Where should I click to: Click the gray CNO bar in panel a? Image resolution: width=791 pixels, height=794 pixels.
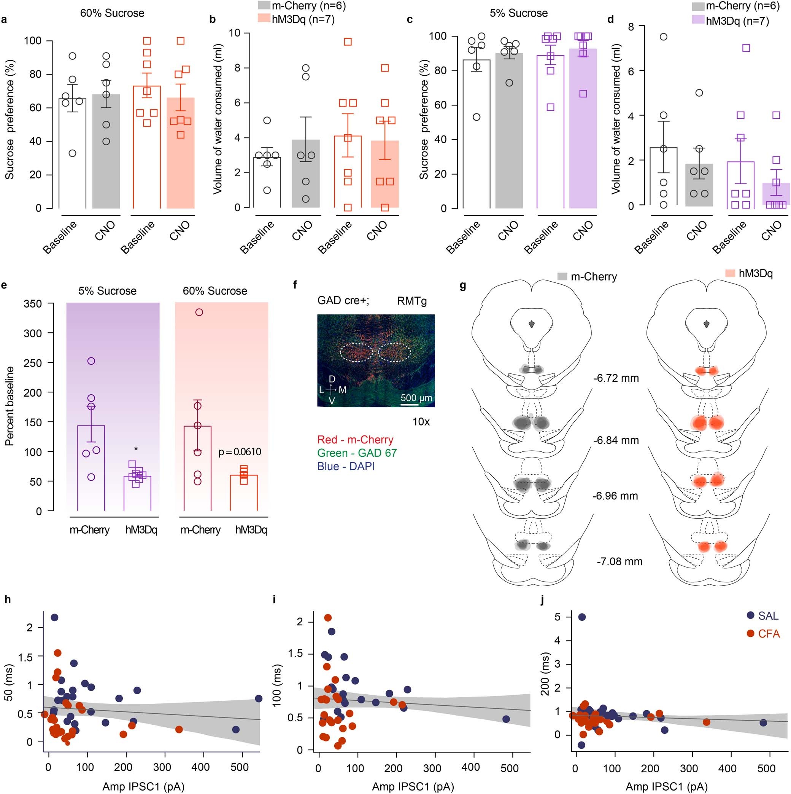point(106,156)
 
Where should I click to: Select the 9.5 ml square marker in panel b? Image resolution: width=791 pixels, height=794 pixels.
point(348,41)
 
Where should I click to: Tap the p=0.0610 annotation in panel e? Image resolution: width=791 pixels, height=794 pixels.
point(240,452)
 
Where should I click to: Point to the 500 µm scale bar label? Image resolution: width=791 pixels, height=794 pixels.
point(416,398)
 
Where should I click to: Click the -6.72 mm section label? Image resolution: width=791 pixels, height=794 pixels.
point(616,378)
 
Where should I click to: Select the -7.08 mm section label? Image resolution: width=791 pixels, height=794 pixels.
point(619,561)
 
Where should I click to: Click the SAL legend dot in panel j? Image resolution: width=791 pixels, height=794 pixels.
point(751,615)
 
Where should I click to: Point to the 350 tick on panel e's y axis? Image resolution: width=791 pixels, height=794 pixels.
point(33,304)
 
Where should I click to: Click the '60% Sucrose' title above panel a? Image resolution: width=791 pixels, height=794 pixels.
point(112,13)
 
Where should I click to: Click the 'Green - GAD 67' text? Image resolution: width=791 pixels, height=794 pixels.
point(357,453)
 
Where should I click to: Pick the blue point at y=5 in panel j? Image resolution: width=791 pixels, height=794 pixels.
point(581,617)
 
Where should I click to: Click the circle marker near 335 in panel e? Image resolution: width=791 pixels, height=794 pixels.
point(199,312)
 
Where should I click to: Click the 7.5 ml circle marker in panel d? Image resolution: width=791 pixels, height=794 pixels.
point(663,37)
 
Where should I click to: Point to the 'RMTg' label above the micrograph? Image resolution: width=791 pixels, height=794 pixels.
point(411,301)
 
